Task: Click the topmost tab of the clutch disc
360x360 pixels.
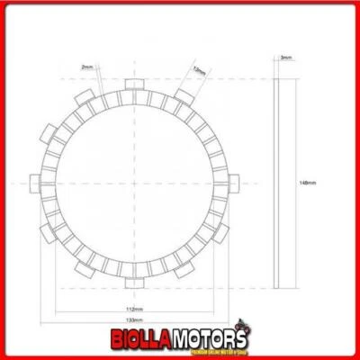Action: point(135,85)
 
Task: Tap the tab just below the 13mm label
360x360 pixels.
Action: point(184,96)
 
